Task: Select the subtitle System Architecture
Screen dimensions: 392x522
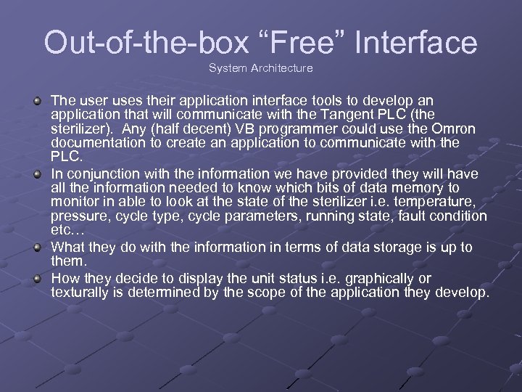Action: pyautogui.click(x=261, y=68)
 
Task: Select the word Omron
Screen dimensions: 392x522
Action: pyautogui.click(x=452, y=128)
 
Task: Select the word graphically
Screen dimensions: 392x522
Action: pyautogui.click(x=380, y=279)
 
